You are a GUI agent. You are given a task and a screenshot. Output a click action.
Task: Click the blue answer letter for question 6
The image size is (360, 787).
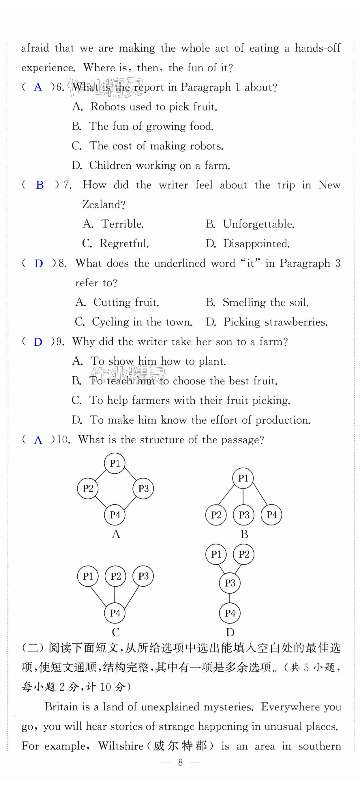[38, 87]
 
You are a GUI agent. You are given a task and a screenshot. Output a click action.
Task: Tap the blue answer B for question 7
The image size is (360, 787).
[40, 185]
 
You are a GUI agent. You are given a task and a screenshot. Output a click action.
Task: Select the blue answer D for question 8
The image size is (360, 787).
[38, 263]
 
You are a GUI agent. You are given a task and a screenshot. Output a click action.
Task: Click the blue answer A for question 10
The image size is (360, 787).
[38, 440]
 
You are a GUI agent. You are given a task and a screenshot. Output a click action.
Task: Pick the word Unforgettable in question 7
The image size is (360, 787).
[258, 224]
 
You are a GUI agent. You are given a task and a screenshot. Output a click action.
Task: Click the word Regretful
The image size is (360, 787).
[124, 243]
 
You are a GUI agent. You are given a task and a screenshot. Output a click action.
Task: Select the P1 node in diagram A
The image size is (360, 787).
[115, 463]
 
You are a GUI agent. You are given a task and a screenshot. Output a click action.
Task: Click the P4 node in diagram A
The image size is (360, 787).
[115, 515]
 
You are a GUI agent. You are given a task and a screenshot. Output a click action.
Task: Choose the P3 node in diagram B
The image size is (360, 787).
[243, 515]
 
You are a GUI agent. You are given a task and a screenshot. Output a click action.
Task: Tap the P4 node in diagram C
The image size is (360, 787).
[115, 613]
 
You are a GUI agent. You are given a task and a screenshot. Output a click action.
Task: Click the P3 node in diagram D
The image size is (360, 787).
[230, 583]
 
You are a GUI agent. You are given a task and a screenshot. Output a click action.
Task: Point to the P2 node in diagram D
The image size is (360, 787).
[243, 554]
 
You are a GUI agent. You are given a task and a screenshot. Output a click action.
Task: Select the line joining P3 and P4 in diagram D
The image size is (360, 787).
[230, 598]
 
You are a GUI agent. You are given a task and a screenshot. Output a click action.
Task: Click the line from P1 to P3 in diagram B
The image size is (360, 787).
[243, 497]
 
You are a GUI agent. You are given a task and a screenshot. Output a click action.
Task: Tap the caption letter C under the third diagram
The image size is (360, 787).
[115, 632]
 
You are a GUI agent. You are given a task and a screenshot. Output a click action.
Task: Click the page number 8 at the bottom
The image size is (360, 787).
[180, 762]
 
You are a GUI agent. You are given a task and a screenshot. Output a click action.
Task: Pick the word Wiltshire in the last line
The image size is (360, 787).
[121, 746]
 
